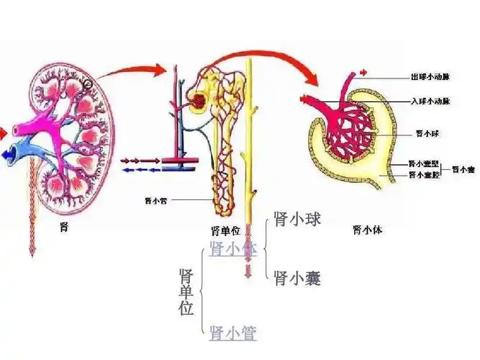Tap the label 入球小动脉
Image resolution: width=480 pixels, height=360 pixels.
430,100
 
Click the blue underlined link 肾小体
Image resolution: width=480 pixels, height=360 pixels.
232,249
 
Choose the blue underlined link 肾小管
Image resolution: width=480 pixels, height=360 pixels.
232,332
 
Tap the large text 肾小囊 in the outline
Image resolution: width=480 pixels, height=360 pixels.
297,278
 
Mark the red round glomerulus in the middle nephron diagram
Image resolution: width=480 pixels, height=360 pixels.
196,101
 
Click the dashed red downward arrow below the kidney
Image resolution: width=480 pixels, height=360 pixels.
31,216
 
